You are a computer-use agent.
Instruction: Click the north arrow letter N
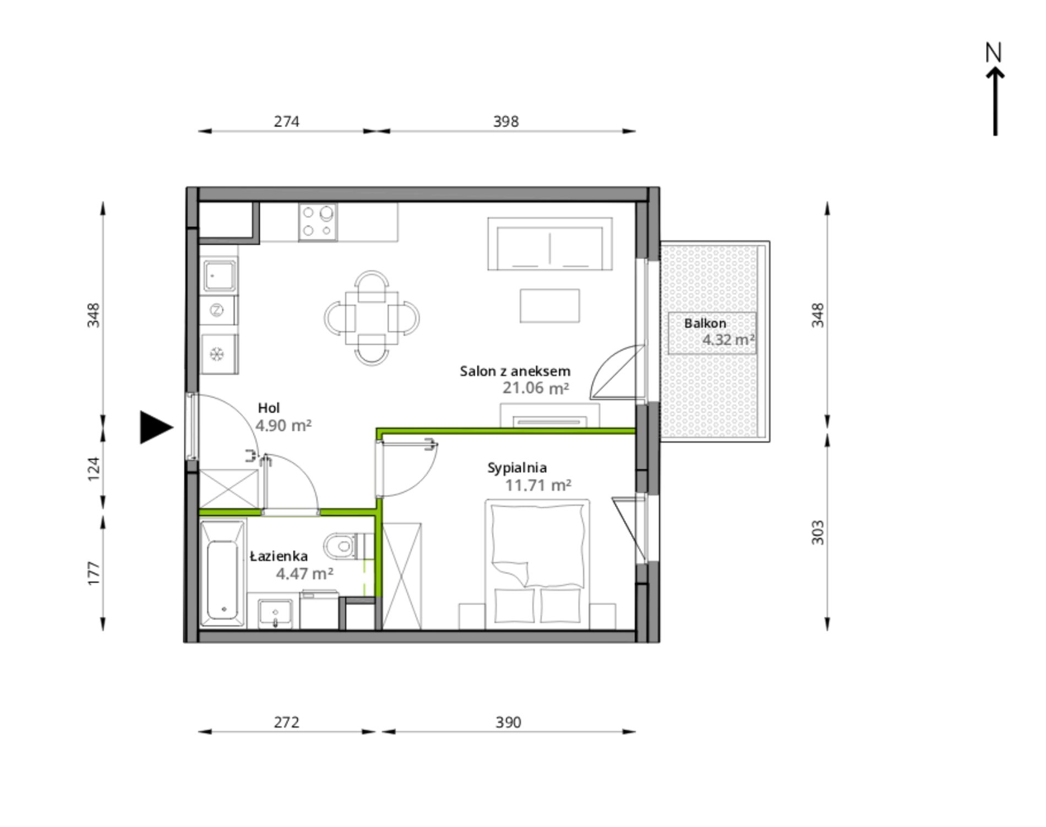[x=993, y=52]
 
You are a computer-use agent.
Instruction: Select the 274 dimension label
[x=286, y=121]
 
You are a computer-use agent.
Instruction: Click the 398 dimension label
[x=505, y=121]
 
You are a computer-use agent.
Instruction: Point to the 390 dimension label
[x=508, y=722]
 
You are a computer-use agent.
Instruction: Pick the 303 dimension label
[x=818, y=532]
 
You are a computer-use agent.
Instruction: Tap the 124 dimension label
[x=94, y=469]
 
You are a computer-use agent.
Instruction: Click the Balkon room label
[x=705, y=323]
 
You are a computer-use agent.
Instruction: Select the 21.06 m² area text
[x=536, y=388]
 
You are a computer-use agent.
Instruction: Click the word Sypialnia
[x=517, y=468]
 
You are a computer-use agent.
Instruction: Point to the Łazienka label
[x=279, y=556]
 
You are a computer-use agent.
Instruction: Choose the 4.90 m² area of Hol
[x=284, y=425]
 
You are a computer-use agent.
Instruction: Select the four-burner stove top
[x=318, y=222]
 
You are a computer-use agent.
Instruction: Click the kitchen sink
[x=220, y=275]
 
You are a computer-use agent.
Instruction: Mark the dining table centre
[x=372, y=317]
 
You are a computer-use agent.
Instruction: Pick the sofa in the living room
[x=550, y=244]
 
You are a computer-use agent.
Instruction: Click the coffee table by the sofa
[x=550, y=305]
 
